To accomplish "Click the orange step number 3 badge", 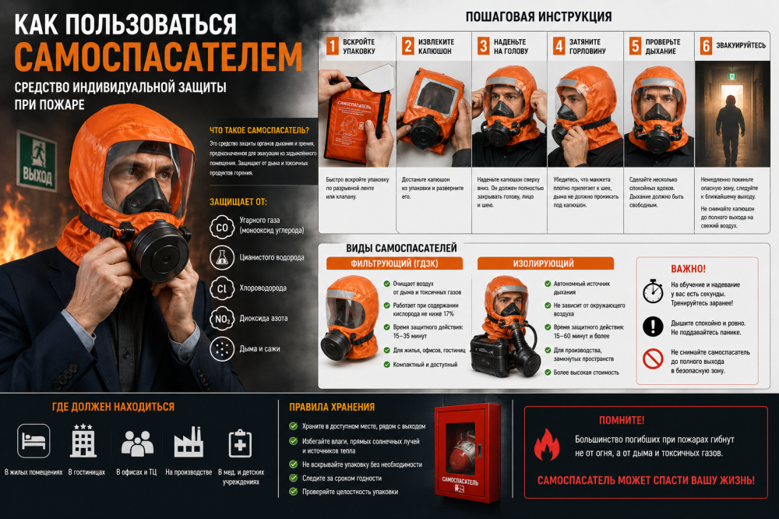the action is click(x=483, y=46).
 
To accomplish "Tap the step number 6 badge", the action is click(x=706, y=46).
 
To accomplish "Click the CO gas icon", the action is click(x=221, y=228).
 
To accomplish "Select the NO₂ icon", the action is click(x=221, y=319).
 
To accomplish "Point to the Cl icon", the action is click(x=221, y=288).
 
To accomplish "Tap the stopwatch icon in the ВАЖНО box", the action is click(x=653, y=291).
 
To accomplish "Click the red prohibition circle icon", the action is click(x=653, y=358).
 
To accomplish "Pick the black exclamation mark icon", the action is click(x=653, y=327).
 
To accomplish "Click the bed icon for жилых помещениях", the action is click(x=33, y=440).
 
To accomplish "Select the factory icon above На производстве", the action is click(x=189, y=442).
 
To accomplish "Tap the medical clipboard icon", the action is click(x=240, y=443).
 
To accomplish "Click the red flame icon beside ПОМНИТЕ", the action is click(x=547, y=444).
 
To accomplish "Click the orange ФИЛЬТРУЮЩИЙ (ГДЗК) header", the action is click(x=394, y=263).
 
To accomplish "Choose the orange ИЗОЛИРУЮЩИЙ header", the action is click(x=545, y=263).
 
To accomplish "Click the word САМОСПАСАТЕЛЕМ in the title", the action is click(x=158, y=57).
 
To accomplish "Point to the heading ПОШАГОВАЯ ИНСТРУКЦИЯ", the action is click(x=538, y=17).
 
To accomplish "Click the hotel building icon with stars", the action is click(x=83, y=440).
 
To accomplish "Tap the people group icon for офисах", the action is click(x=137, y=443).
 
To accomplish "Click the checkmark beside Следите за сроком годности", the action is click(x=294, y=478).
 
